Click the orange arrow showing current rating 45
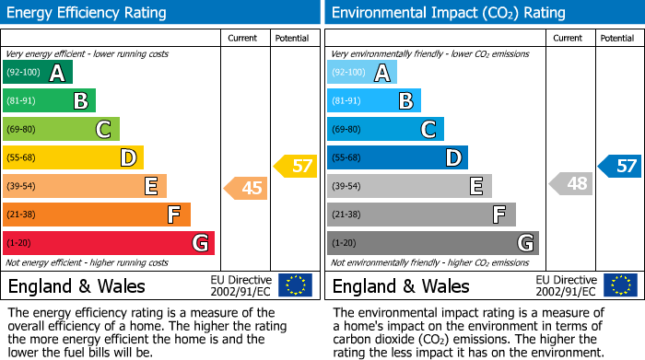(x=246, y=188)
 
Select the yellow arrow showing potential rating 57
(x=296, y=166)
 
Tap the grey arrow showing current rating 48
(x=571, y=183)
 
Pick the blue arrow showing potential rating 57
(x=620, y=166)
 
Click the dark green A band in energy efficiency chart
(x=38, y=73)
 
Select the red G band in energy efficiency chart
(x=109, y=243)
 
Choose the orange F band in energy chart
(x=97, y=215)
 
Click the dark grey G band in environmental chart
(x=432, y=243)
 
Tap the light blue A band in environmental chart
(x=362, y=73)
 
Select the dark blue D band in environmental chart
(x=397, y=157)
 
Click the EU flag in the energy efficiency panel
(x=295, y=285)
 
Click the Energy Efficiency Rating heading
(x=88, y=13)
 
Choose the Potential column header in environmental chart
(x=616, y=38)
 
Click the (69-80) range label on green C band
(x=21, y=130)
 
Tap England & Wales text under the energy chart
(x=76, y=285)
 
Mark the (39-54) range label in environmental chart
(x=346, y=187)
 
